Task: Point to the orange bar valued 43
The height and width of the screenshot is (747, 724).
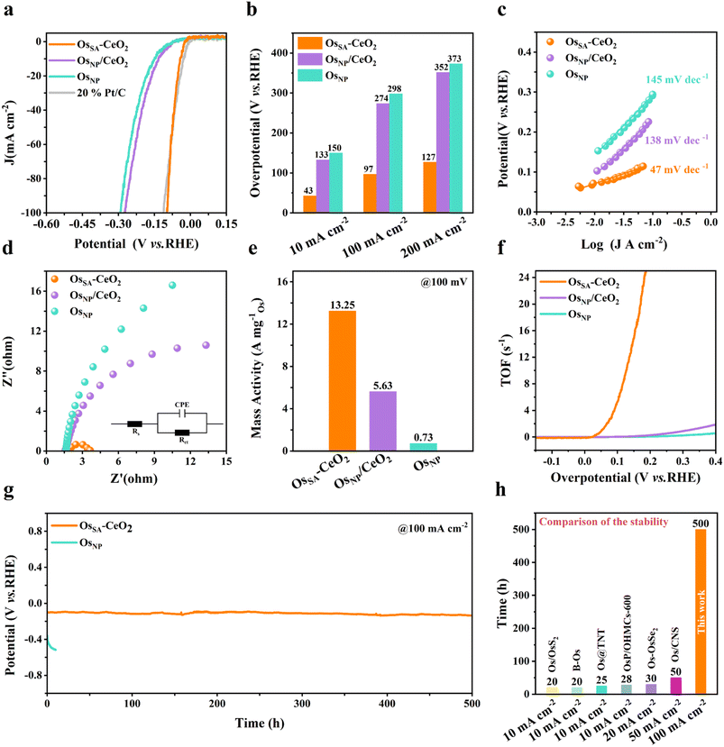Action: tap(309, 204)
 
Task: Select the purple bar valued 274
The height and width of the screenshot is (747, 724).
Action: tap(383, 158)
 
